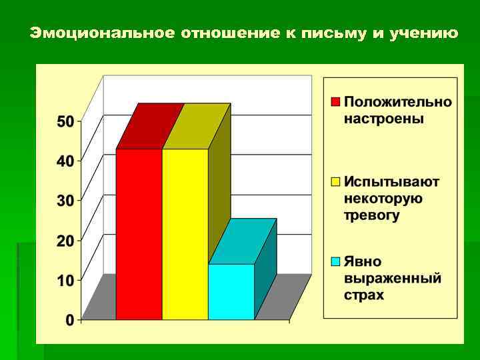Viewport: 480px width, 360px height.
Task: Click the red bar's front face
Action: click(139, 234)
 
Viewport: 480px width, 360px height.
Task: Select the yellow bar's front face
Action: click(185, 234)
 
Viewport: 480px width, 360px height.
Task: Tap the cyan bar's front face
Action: click(231, 292)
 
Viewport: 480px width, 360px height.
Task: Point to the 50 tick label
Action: click(65, 121)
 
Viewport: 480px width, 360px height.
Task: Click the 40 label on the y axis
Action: click(65, 161)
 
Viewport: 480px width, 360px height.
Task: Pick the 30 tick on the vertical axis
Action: click(65, 200)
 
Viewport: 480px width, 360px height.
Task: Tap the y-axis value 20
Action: click(65, 240)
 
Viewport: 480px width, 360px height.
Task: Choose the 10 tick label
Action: click(65, 280)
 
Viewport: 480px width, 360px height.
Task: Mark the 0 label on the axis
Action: click(70, 320)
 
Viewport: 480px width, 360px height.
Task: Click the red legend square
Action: click(336, 103)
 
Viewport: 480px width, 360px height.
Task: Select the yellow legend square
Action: click(336, 181)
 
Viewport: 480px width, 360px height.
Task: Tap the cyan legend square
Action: click(336, 261)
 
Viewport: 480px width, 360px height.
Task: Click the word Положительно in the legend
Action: click(398, 103)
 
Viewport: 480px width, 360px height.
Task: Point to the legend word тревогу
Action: click(372, 215)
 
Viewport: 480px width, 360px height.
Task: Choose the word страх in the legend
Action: click(364, 295)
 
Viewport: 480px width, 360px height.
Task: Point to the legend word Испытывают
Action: click(392, 181)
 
